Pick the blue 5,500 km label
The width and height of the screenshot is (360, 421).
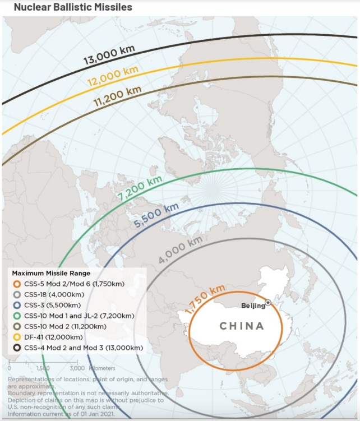point(156,216)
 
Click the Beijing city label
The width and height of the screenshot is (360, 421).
point(253,306)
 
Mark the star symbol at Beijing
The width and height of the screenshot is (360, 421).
point(268,303)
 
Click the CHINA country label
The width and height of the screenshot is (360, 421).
point(241,326)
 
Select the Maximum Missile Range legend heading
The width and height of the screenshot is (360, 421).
point(51,273)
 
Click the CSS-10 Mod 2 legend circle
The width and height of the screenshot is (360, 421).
point(17,327)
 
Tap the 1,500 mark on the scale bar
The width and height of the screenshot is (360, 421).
point(43,368)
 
